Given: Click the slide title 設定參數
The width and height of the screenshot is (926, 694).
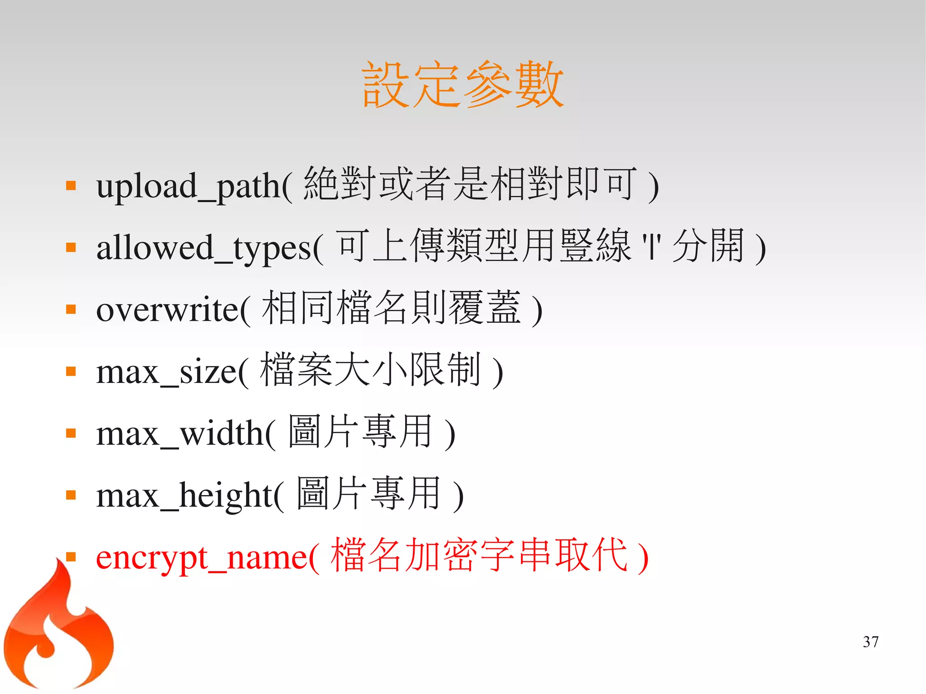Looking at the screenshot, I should pyautogui.click(x=463, y=85).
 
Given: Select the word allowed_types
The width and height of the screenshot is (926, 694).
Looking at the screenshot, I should pyautogui.click(x=204, y=248).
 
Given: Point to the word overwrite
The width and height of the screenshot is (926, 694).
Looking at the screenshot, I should pyautogui.click(x=167, y=310).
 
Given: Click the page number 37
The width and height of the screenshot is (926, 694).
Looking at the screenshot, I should pyautogui.click(x=870, y=642).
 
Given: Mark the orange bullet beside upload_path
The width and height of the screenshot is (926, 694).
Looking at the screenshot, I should pyautogui.click(x=71, y=186).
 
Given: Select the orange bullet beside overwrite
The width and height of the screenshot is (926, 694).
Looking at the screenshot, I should pyautogui.click(x=71, y=310).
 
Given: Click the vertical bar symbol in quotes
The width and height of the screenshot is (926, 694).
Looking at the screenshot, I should pyautogui.click(x=652, y=247).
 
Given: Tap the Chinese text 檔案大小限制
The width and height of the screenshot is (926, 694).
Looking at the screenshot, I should pyautogui.click(x=370, y=370).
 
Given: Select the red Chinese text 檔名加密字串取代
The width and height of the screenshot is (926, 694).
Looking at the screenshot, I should pyautogui.click(x=479, y=555).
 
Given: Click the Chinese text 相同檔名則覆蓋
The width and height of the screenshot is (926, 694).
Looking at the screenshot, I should pyautogui.click(x=392, y=308).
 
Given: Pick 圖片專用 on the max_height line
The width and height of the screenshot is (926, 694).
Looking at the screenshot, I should pyautogui.click(x=368, y=493).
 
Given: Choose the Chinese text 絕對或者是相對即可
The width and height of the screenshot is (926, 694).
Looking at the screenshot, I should pyautogui.click(x=470, y=184).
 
